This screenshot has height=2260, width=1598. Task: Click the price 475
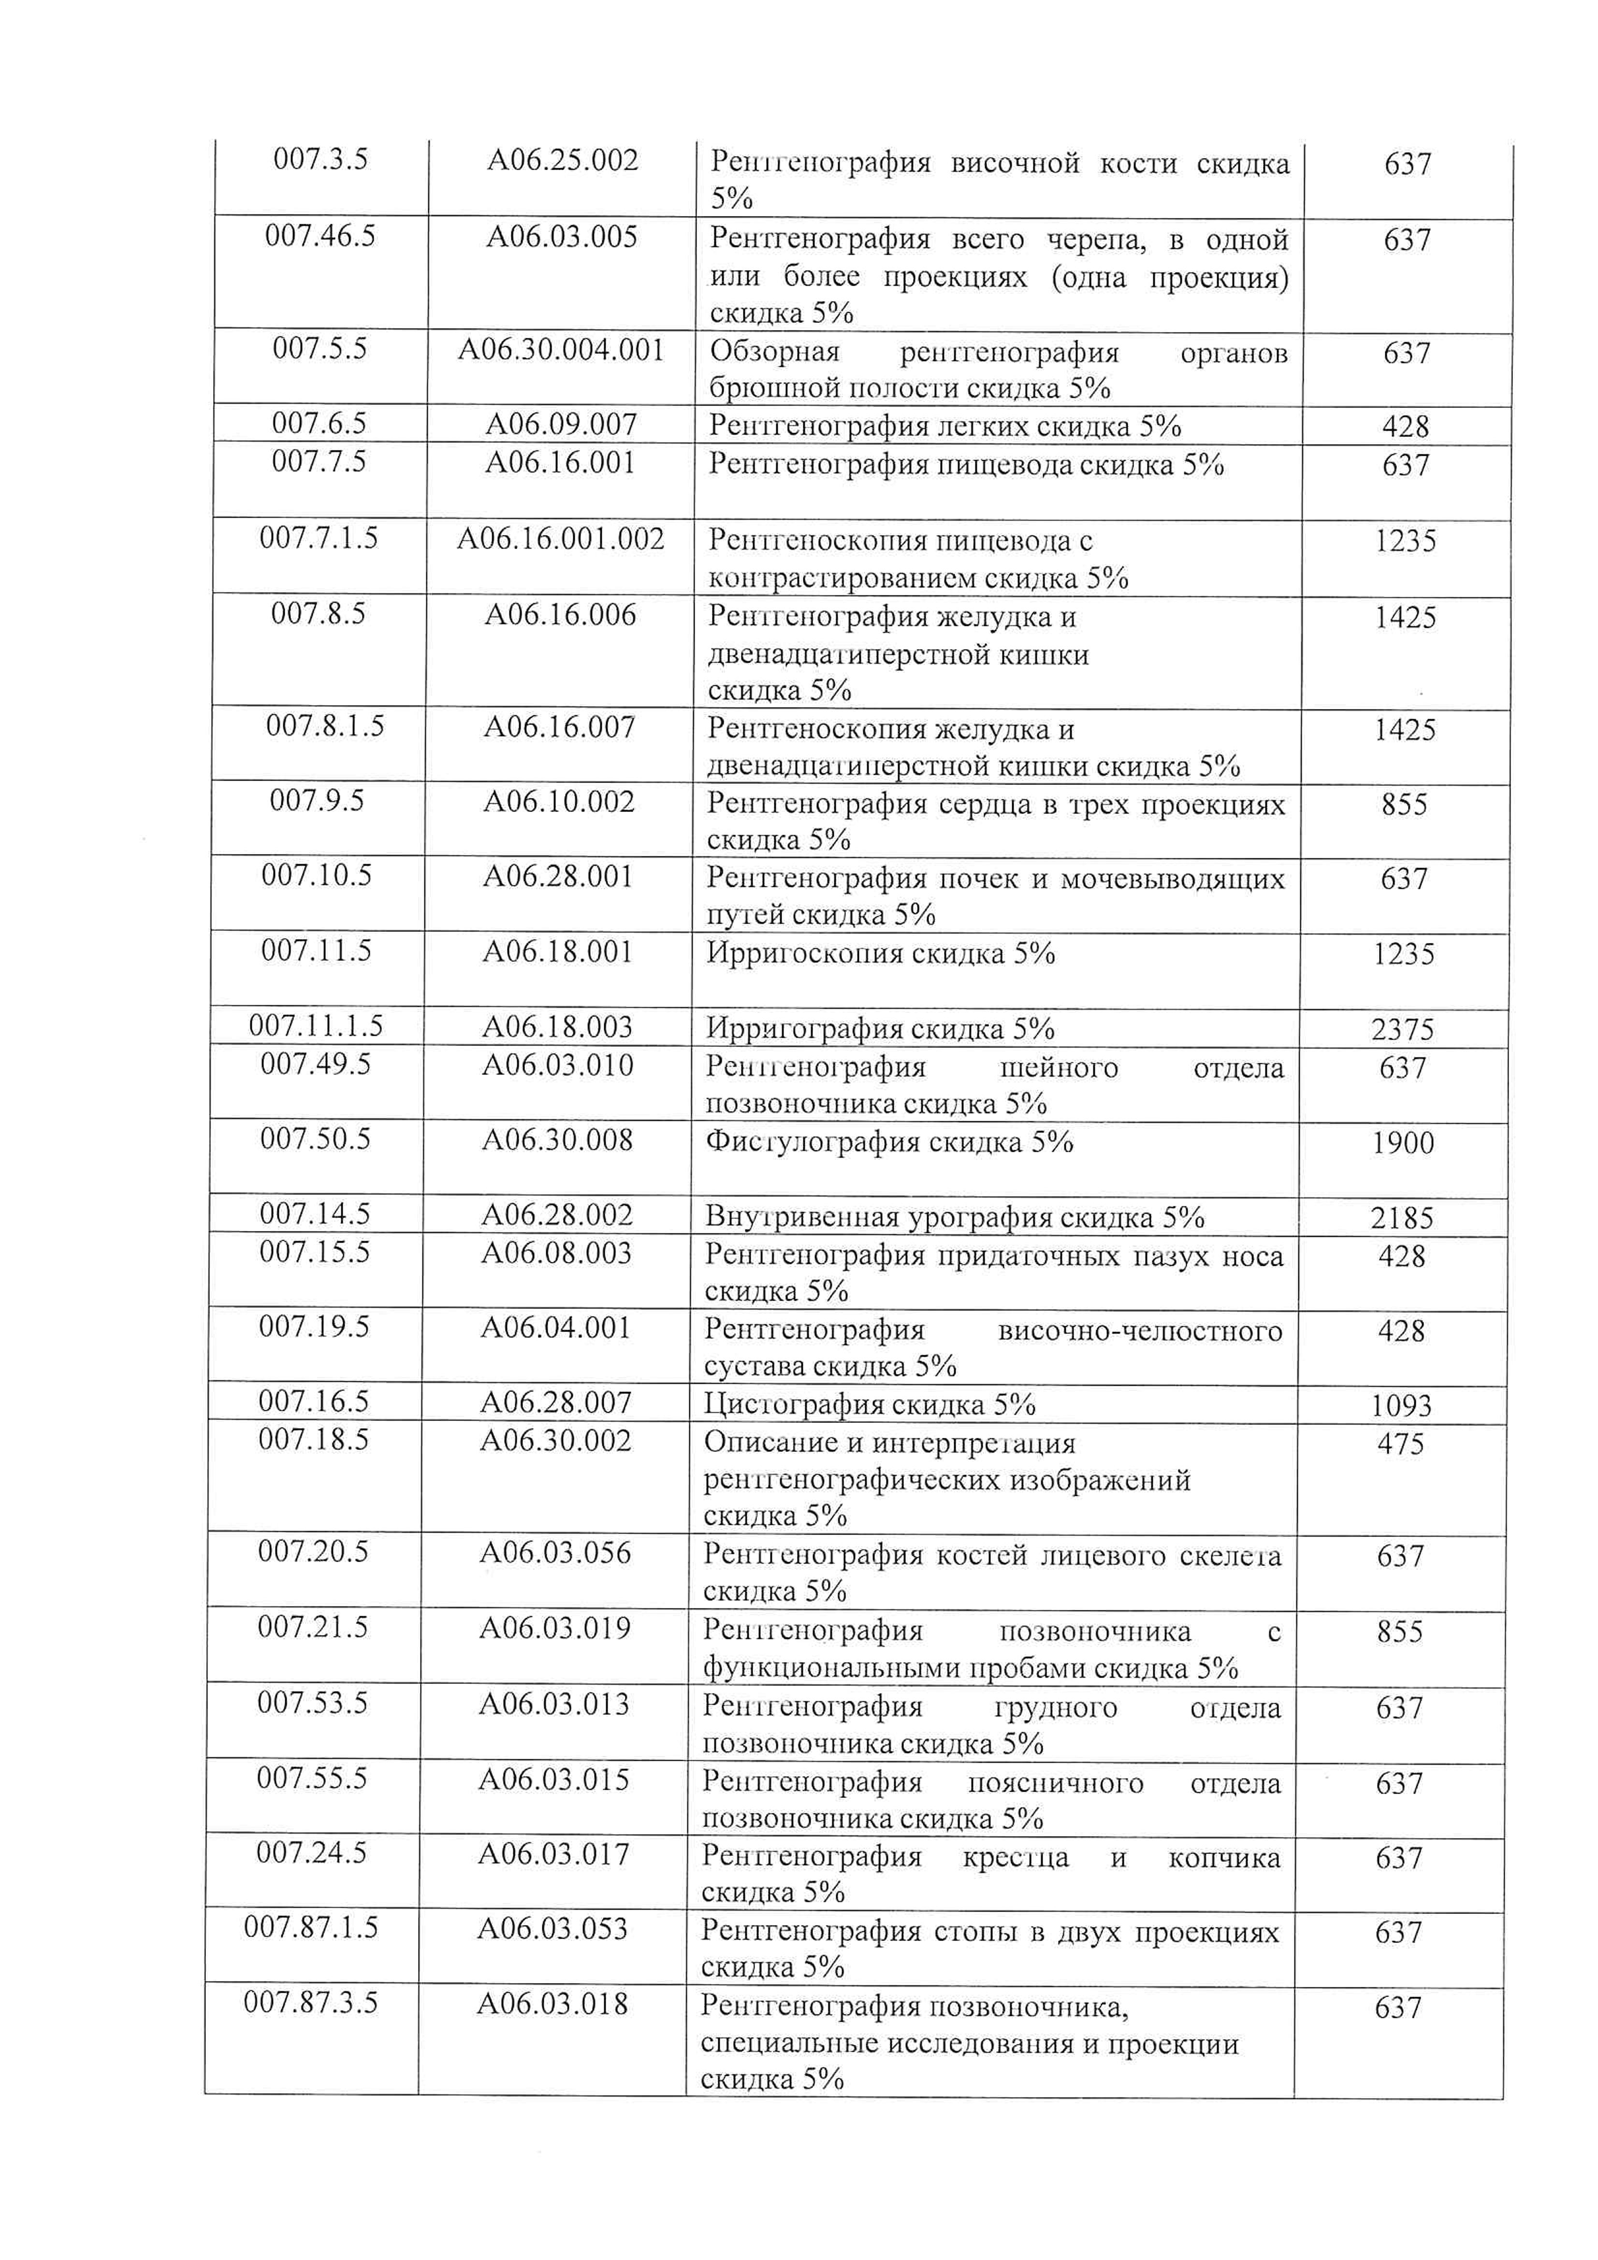coord(1400,1444)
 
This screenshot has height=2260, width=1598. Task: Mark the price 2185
coord(1402,1218)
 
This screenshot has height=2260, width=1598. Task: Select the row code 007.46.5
coord(320,236)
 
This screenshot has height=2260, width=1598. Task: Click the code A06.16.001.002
coord(560,538)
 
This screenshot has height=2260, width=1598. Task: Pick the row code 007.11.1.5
coord(315,1027)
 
